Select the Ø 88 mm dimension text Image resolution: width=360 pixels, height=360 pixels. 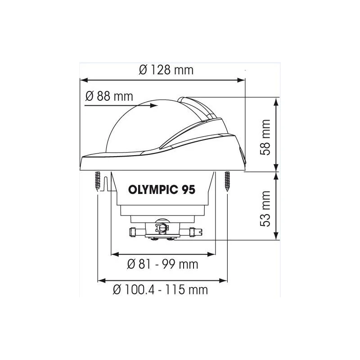(109, 96)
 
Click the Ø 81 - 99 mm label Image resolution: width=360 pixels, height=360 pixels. (162, 264)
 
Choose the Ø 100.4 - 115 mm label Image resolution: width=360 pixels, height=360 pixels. (160, 289)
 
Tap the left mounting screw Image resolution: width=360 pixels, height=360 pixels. (98, 182)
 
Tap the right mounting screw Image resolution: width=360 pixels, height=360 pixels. (228, 182)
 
